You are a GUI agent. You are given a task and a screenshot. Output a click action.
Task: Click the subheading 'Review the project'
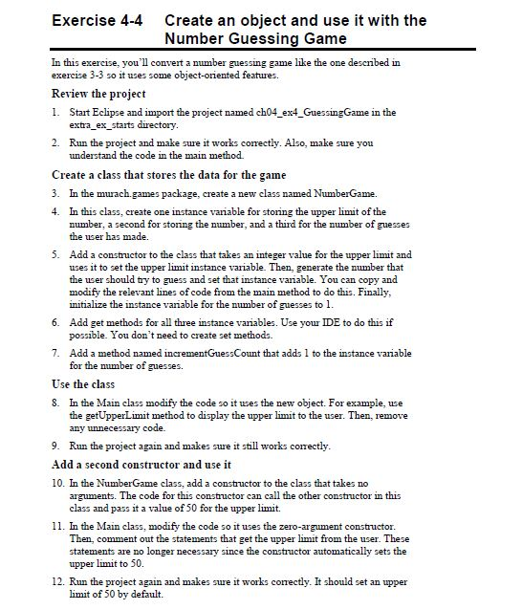pyautogui.click(x=98, y=94)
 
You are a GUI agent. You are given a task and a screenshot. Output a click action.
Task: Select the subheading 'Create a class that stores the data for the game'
pyautogui.click(x=168, y=175)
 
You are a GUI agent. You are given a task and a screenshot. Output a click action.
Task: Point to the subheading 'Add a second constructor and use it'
pyautogui.click(x=141, y=465)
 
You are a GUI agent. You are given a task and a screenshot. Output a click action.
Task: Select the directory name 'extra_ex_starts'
pyautogui.click(x=108, y=124)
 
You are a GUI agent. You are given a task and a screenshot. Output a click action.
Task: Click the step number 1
pyautogui.click(x=55, y=113)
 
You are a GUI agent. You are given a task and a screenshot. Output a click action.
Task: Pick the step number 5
pyautogui.click(x=55, y=255)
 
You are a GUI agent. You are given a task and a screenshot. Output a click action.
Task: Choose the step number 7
pyautogui.click(x=55, y=353)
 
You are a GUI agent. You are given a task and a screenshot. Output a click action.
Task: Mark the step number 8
pyautogui.click(x=55, y=403)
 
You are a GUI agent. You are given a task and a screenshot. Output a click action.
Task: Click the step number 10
pyautogui.click(x=56, y=484)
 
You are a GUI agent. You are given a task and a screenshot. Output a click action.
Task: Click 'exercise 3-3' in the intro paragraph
pyautogui.click(x=80, y=74)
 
